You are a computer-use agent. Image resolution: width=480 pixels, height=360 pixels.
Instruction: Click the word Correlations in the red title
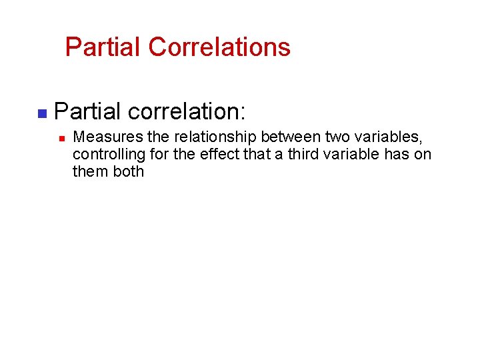219,47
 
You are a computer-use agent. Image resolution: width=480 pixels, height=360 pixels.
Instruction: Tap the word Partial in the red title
103,47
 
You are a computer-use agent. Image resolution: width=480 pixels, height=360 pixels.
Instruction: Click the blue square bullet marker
41,114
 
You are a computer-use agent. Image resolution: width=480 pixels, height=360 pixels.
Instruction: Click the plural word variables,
386,137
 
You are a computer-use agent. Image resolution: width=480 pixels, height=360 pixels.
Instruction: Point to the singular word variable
350,155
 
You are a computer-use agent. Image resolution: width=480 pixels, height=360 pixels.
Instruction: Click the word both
129,172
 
